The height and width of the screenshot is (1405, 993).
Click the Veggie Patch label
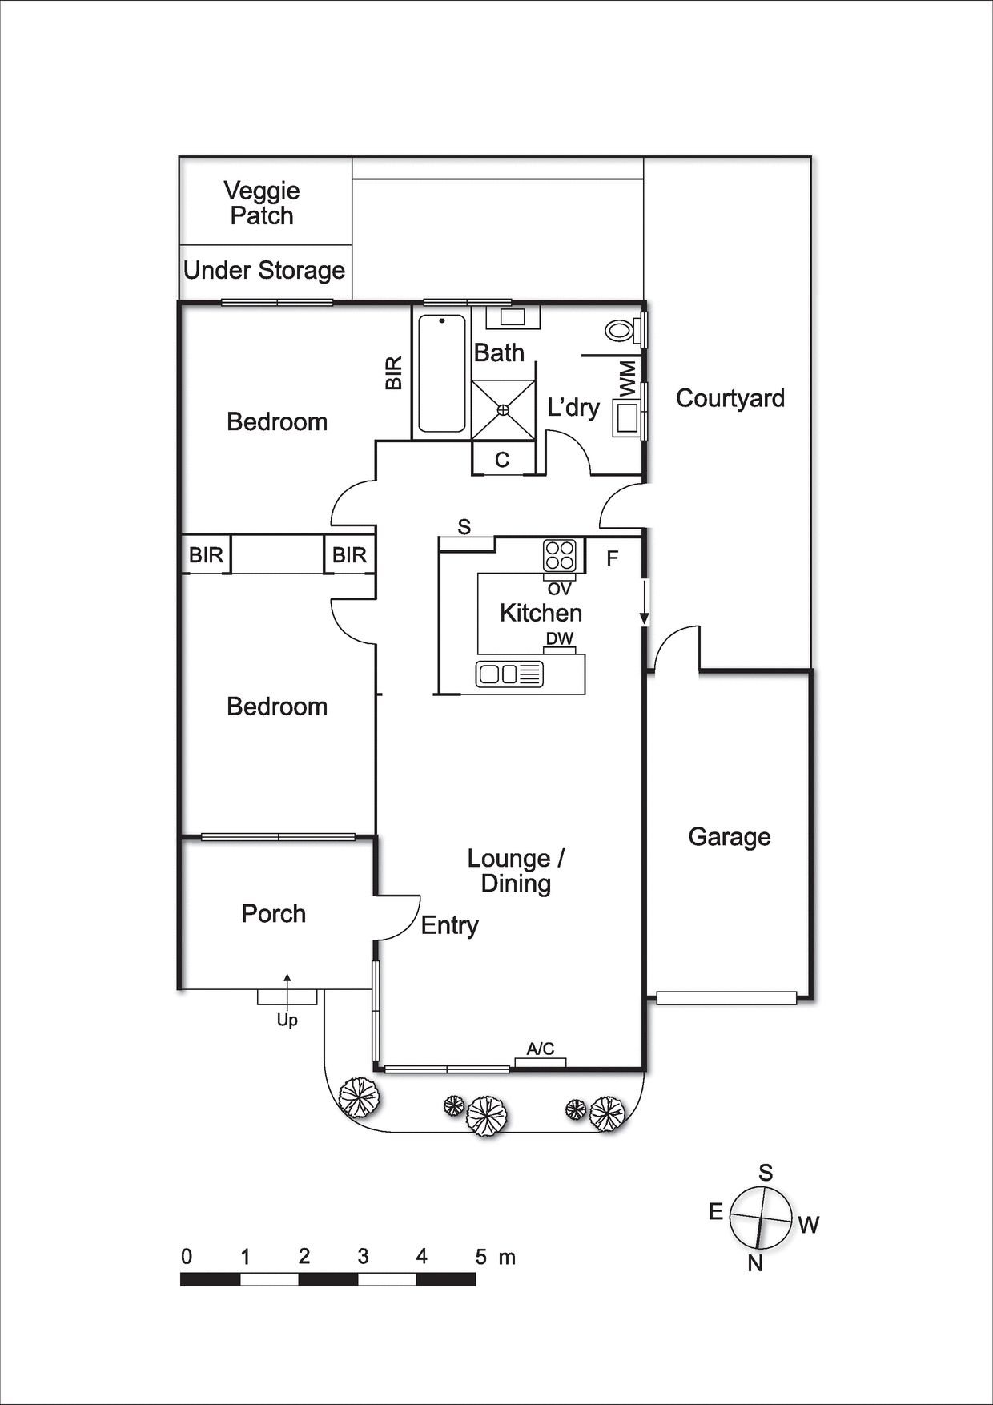[262, 203]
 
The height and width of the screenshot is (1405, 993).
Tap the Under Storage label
[264, 271]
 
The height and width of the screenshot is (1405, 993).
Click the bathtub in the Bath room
[441, 373]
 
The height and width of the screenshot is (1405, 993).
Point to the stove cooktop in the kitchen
[560, 555]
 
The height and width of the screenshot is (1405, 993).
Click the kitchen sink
[509, 674]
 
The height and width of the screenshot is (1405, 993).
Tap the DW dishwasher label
[560, 638]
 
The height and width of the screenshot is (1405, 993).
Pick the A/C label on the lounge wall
[541, 1049]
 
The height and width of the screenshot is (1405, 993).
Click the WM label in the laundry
[628, 378]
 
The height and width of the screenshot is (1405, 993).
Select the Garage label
[730, 837]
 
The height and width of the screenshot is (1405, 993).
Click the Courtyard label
[730, 398]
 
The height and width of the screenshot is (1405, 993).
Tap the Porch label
[274, 914]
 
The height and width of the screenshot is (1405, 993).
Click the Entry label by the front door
[450, 926]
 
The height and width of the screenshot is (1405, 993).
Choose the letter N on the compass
[755, 1264]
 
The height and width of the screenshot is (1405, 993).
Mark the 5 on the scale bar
[480, 1257]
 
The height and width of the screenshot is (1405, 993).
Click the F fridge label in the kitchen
[613, 558]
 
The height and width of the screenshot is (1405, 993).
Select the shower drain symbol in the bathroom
[503, 410]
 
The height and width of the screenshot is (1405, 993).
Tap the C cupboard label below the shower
[502, 460]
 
